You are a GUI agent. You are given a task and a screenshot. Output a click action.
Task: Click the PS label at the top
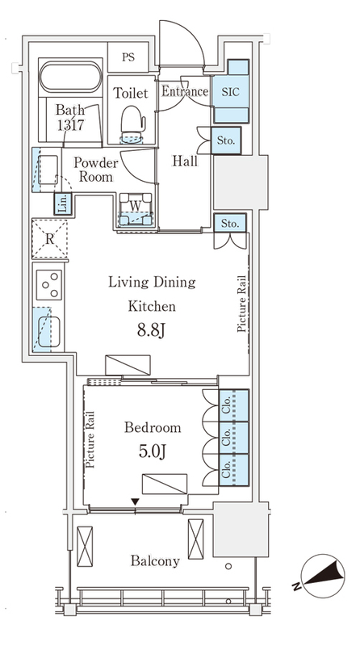click(x=128, y=57)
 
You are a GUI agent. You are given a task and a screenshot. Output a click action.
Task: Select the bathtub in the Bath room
click(x=70, y=77)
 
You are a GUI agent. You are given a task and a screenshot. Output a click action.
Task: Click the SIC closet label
click(x=230, y=92)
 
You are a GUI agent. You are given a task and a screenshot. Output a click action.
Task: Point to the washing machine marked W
click(x=136, y=209)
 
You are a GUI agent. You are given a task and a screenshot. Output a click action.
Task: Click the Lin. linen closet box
click(x=63, y=204)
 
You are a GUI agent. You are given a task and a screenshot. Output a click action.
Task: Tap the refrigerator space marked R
click(x=49, y=238)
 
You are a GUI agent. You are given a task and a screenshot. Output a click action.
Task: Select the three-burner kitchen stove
click(x=49, y=285)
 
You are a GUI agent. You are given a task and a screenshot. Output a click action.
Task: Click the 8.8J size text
click(x=151, y=330)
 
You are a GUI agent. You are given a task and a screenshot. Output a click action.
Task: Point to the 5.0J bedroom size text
click(x=153, y=451)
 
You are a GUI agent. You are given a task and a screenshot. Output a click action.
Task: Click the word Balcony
click(x=155, y=561)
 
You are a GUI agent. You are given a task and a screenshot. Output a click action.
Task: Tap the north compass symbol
click(x=322, y=576)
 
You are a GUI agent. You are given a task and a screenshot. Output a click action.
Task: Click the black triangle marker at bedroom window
click(x=135, y=501)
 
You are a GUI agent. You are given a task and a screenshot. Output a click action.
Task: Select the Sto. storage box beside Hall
click(x=226, y=141)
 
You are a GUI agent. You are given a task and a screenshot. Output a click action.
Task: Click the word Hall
click(x=185, y=161)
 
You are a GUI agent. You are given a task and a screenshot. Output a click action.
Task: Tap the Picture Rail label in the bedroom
click(x=90, y=439)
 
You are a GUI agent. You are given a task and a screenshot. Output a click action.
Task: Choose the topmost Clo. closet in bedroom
click(x=233, y=405)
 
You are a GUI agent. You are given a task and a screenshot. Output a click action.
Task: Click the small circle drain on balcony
click(x=228, y=567)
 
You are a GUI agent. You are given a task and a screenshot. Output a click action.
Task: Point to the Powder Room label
click(x=95, y=170)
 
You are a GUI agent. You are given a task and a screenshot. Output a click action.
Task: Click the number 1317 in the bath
click(x=70, y=125)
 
